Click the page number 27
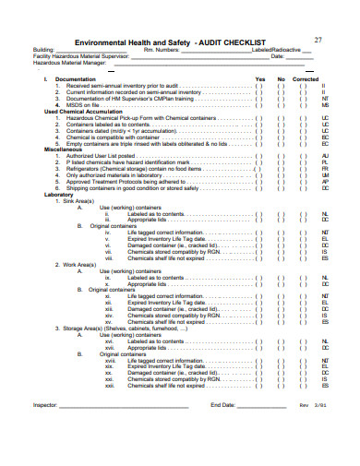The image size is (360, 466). (x=318, y=39)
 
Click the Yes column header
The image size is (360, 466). (x=259, y=78)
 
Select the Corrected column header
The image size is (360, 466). (x=306, y=78)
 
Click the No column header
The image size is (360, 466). (x=282, y=78)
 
